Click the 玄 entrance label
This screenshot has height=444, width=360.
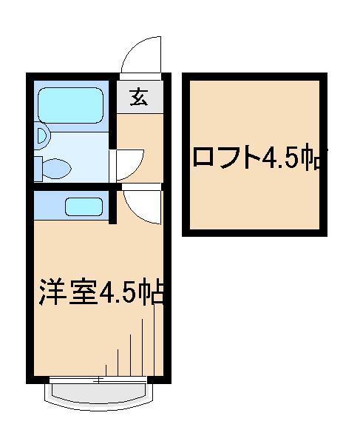pos(137,96)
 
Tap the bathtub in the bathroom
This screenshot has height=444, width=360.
pos(70,107)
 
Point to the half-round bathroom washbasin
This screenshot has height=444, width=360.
pos(41,137)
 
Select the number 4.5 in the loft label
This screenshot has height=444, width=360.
pos(282,157)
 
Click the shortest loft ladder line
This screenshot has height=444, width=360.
pos(105,369)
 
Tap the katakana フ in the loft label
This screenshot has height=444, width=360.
pos(225,157)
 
